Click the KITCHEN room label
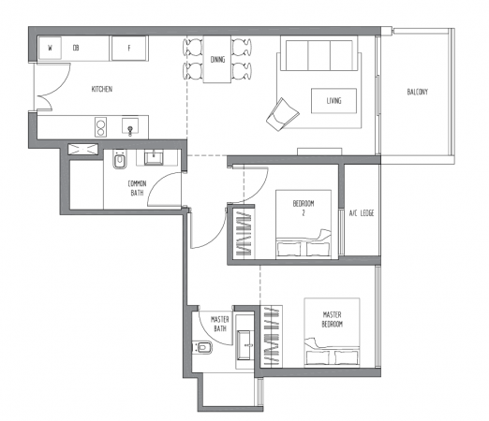(102, 89)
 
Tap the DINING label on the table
(217, 59)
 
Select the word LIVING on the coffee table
(333, 100)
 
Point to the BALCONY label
(418, 92)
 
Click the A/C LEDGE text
(362, 213)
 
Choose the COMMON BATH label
(137, 188)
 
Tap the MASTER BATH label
(220, 324)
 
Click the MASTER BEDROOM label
(333, 319)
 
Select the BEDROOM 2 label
(304, 208)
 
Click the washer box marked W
(50, 48)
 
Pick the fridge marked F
(129, 48)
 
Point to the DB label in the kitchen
(76, 48)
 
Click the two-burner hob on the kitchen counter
(100, 127)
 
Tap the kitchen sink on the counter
(130, 126)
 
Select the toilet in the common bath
(120, 159)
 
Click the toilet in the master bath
(203, 347)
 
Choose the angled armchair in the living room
(283, 114)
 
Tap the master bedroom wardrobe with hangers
(272, 337)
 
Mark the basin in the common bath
(153, 158)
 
